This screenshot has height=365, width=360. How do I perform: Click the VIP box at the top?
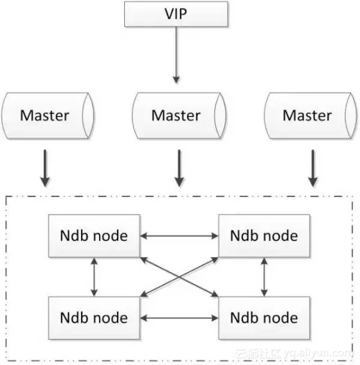[x=176, y=14]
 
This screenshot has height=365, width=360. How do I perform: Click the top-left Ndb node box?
[x=94, y=235]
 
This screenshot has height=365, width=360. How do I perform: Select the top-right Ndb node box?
[x=264, y=235]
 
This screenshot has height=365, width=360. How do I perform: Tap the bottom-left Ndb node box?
[x=94, y=317]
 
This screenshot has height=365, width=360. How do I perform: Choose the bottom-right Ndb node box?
[x=264, y=317]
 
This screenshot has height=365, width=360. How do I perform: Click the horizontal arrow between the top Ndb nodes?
[x=179, y=235]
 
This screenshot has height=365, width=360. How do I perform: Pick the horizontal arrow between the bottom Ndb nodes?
[x=179, y=317]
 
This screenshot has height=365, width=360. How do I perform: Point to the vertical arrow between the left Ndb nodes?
[x=94, y=276]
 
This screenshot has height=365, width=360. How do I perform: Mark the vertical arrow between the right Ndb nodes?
[x=265, y=276]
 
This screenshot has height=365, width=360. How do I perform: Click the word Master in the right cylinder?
[x=307, y=115]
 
